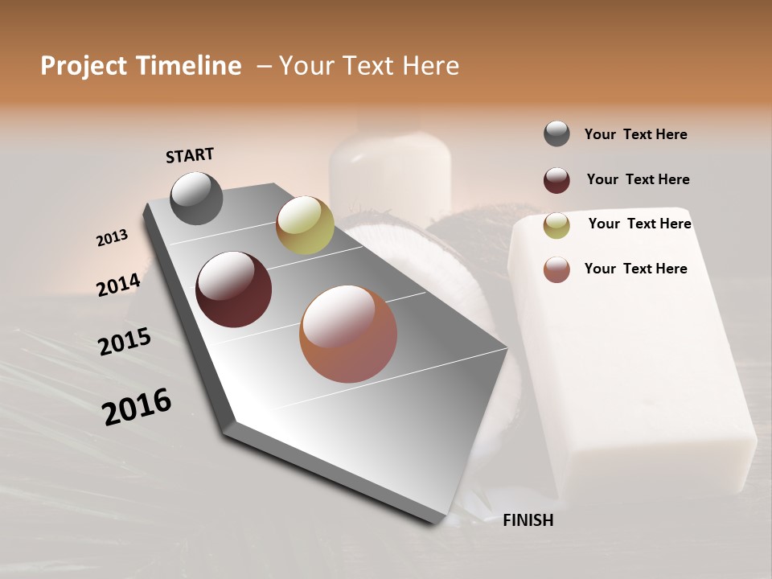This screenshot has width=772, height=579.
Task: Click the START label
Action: pyautogui.click(x=190, y=155)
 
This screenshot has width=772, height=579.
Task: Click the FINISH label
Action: pyautogui.click(x=528, y=520)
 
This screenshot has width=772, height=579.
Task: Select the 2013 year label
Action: pyautogui.click(x=112, y=237)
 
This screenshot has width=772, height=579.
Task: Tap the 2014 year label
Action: pyautogui.click(x=118, y=285)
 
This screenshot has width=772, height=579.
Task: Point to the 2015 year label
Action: pyautogui.click(x=125, y=342)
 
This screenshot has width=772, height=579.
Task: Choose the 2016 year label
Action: pyautogui.click(x=137, y=406)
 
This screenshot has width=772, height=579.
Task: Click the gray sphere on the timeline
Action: pyautogui.click(x=196, y=198)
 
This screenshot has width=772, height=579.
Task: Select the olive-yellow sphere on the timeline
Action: pyautogui.click(x=305, y=225)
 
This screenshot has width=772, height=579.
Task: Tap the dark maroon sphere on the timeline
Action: pyautogui.click(x=233, y=289)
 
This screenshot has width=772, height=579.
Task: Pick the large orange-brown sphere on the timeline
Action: pyautogui.click(x=348, y=334)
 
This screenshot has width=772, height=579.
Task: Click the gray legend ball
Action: pyautogui.click(x=556, y=133)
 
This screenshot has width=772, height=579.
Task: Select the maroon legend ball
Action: pyautogui.click(x=556, y=180)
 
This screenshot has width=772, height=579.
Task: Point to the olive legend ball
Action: pyautogui.click(x=556, y=225)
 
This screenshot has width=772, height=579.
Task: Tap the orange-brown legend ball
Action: pyautogui.click(x=556, y=269)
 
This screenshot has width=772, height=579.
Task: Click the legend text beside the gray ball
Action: pyautogui.click(x=635, y=134)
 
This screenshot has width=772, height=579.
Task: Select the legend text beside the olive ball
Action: pyautogui.click(x=639, y=224)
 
